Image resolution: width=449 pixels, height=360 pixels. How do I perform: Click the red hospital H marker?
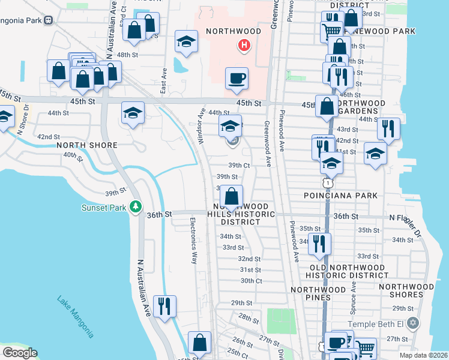(x=244, y=44)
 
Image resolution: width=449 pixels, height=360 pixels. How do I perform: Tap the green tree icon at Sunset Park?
(x=136, y=206)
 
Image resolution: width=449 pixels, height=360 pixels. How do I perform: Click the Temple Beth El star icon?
(x=411, y=324)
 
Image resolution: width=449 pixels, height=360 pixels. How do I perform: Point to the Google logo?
(x=20, y=353)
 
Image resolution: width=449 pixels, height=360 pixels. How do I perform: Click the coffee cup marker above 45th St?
(x=237, y=78)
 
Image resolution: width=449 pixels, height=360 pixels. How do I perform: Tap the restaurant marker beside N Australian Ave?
(x=164, y=305)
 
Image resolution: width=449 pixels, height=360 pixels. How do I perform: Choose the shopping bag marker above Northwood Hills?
(x=231, y=196)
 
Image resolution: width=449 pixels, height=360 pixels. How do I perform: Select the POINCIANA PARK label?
(x=340, y=196)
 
